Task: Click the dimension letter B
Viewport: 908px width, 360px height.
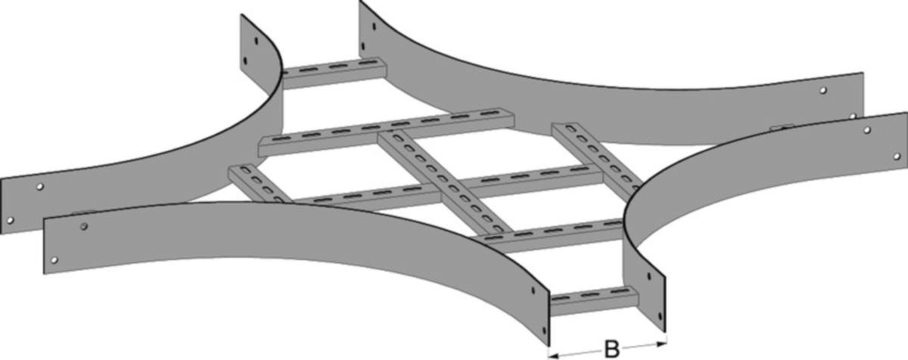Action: [611, 349]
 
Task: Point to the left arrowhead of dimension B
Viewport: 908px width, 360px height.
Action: [553, 356]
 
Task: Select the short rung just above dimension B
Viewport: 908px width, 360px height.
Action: [594, 300]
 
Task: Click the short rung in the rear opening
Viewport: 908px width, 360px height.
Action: [334, 73]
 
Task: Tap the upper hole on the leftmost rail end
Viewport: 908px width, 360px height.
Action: [39, 187]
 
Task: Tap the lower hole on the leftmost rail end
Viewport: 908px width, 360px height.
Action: [10, 221]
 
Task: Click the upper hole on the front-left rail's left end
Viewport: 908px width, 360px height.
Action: [84, 226]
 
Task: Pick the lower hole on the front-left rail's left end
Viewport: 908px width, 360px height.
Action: [54, 260]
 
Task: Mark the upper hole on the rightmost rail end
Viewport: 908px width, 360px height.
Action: [867, 130]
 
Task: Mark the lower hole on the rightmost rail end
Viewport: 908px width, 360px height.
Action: [897, 157]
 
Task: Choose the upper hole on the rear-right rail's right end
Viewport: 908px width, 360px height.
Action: [823, 90]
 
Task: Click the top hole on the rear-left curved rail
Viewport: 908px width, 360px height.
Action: [257, 41]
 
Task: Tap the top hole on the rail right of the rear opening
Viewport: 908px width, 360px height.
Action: [374, 26]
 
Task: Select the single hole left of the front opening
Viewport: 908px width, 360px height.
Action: [533, 290]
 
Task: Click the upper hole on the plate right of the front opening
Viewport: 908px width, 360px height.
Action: [649, 277]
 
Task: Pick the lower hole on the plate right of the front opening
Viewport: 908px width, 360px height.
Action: [661, 316]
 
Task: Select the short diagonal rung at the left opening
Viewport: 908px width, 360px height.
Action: [260, 185]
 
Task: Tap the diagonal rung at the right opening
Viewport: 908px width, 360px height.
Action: [597, 156]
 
